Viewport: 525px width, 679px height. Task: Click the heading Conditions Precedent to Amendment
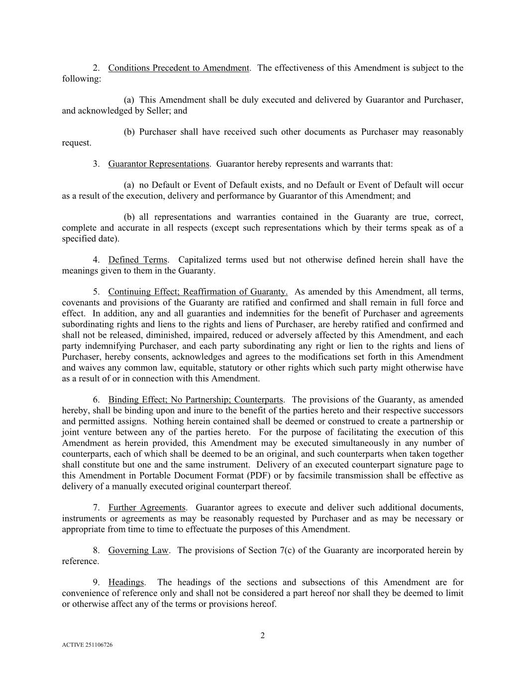pos(179,68)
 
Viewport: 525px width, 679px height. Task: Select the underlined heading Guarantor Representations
pos(158,164)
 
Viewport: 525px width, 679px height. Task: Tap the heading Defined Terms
pos(137,260)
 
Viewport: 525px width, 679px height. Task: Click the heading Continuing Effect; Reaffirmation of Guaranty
pos(198,291)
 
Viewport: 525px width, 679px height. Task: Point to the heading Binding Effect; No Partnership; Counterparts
pos(196,399)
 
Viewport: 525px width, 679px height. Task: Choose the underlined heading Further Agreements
pos(147,507)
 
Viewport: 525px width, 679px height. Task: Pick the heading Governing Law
pos(138,550)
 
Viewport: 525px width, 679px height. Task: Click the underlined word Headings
pos(126,582)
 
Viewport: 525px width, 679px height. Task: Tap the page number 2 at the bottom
pos(262,635)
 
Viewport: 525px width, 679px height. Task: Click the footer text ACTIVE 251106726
pos(87,645)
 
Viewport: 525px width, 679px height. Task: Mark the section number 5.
pos(97,291)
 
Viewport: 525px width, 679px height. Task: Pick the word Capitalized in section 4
pos(199,260)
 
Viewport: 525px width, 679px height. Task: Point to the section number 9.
pos(97,582)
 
